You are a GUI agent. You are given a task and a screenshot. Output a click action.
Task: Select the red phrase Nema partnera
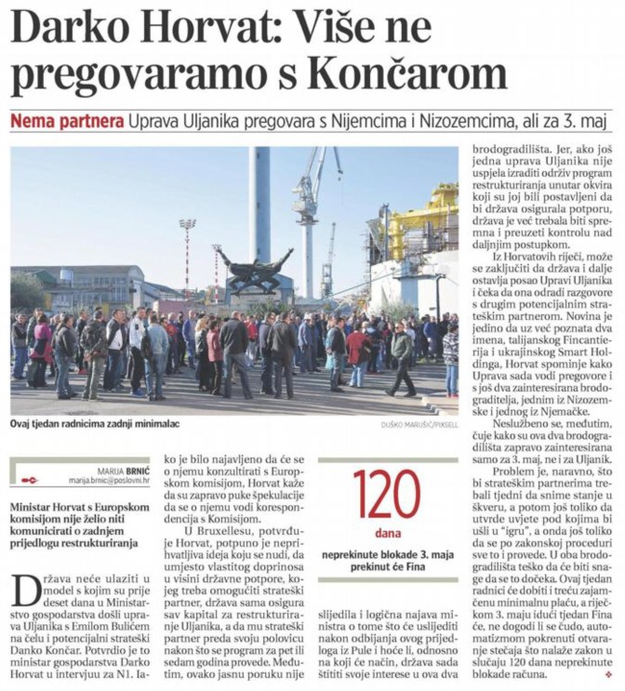66,122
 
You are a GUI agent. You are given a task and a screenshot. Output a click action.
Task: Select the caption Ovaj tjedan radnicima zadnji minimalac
95,424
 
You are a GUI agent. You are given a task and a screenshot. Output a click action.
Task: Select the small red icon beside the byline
30,480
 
